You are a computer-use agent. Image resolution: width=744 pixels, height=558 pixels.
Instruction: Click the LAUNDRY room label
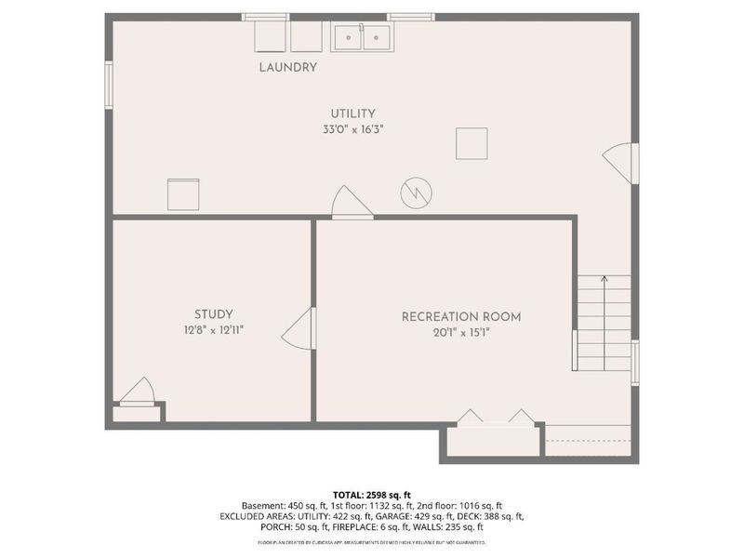287,67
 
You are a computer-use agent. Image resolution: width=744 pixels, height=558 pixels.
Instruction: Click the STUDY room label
213,314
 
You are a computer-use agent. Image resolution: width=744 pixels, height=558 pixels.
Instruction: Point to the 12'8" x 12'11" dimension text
213,330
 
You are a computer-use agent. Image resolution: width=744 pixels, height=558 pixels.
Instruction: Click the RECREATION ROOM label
460,316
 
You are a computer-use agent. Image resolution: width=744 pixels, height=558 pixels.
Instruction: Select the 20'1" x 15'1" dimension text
460,332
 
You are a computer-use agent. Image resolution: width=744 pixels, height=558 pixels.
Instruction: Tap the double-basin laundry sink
361,37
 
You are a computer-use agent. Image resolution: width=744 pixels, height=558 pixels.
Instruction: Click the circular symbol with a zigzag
415,193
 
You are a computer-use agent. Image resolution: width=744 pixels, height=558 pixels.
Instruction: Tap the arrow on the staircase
604,279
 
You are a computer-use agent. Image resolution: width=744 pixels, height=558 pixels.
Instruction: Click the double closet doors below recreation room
495,418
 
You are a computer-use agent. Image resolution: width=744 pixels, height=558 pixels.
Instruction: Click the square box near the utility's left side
183,193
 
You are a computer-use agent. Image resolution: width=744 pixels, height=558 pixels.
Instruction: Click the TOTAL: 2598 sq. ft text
371,494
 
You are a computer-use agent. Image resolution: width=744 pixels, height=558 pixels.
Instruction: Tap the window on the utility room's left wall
109,84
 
